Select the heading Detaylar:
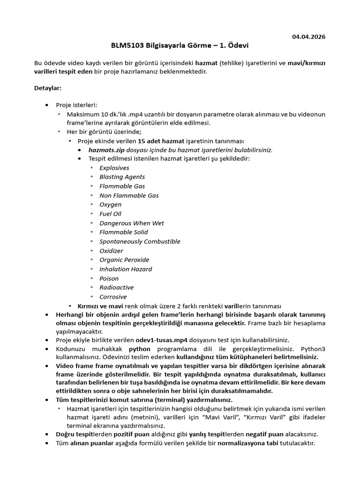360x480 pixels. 48,88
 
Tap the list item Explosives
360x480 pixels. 114,168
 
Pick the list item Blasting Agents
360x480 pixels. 122,177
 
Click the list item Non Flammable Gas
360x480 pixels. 129,195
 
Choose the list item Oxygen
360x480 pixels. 110,204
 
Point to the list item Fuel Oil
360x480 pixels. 110,214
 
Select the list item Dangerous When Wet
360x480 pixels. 131,223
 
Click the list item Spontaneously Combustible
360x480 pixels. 140,241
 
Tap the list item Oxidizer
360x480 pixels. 111,251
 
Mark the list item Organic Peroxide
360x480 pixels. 124,260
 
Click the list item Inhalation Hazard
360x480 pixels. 126,269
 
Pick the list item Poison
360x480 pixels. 109,278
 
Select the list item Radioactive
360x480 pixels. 116,287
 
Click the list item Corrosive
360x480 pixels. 113,297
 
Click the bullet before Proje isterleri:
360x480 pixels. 46,105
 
